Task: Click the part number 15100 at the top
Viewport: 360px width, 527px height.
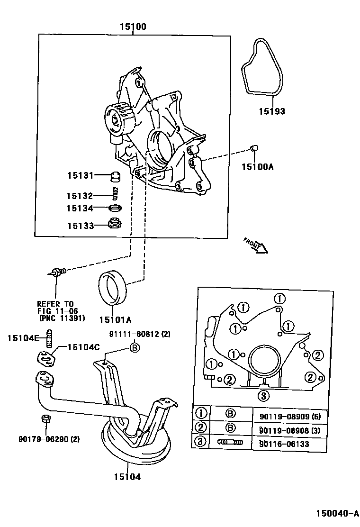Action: click(x=132, y=27)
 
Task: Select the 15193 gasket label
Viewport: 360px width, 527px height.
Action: click(x=272, y=112)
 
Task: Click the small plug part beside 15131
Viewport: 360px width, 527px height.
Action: click(x=114, y=177)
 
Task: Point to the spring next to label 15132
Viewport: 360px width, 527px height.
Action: click(x=114, y=193)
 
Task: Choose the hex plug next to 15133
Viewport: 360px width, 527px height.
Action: click(x=114, y=223)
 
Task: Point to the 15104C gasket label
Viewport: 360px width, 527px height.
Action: click(x=83, y=347)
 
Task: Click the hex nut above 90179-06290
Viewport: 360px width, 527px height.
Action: click(x=45, y=419)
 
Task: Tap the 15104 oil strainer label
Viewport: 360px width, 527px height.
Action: click(x=126, y=477)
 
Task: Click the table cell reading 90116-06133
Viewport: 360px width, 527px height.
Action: click(x=284, y=444)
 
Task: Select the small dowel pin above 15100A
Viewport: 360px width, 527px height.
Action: click(x=254, y=150)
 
